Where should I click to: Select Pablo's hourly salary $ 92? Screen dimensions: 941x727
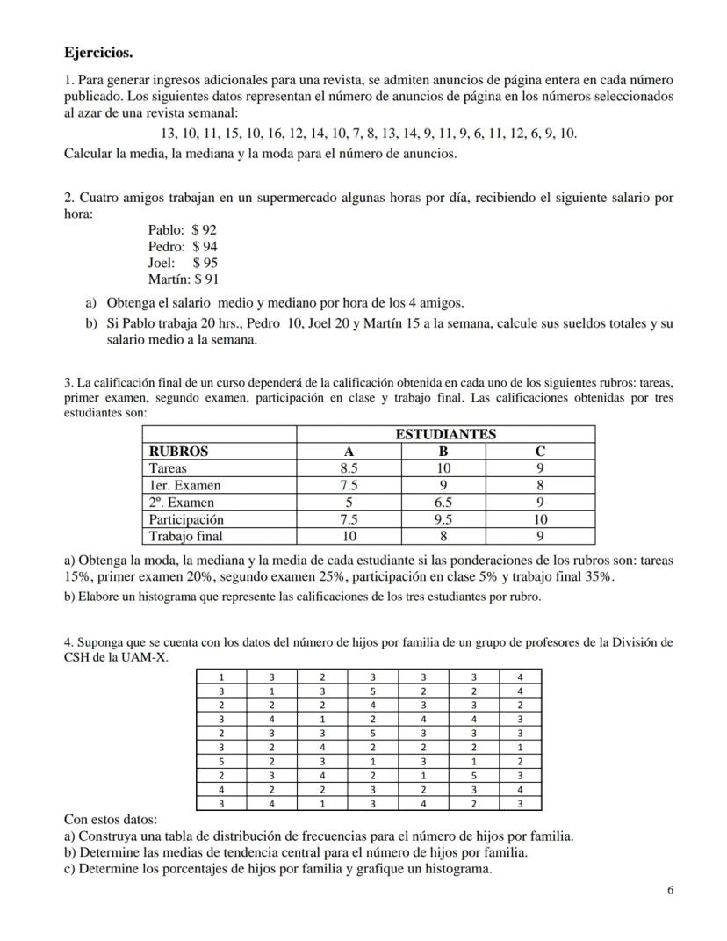point(204,230)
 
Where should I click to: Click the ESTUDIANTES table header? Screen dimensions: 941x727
point(445,434)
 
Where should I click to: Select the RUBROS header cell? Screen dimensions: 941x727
point(179,451)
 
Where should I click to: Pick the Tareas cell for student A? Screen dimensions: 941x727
point(348,468)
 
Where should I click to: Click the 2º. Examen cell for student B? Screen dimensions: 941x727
point(443,503)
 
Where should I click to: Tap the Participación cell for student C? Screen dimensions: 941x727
point(540,519)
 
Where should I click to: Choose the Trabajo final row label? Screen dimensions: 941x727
point(186,536)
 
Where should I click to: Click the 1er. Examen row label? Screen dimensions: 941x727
point(185,485)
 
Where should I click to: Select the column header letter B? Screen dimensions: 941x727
point(443,451)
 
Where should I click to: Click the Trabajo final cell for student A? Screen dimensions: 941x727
point(348,536)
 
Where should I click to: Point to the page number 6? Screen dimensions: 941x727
point(670,890)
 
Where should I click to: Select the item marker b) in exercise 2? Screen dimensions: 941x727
point(90,324)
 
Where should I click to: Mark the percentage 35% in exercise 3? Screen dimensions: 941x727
point(597,577)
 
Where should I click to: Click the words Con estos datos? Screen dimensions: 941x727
point(104,820)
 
